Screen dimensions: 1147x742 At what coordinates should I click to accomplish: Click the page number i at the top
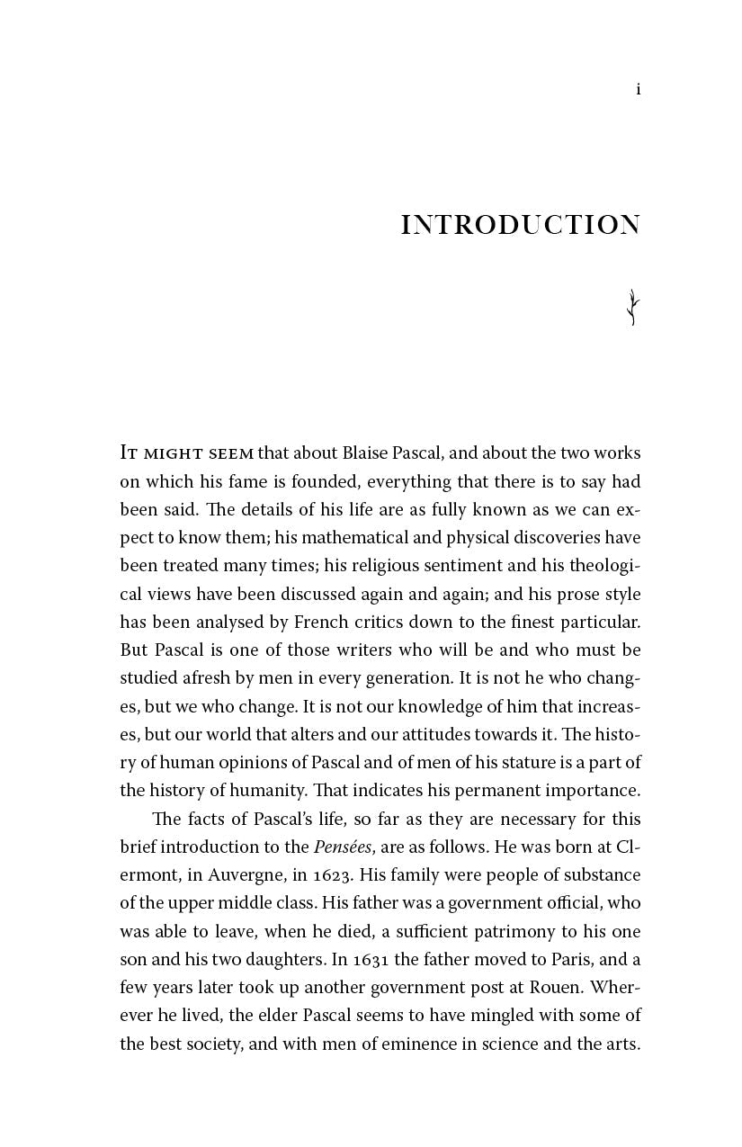tap(638, 89)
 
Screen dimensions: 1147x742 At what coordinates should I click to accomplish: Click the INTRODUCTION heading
tap(520, 225)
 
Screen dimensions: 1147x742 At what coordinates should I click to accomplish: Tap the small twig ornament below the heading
tap(633, 308)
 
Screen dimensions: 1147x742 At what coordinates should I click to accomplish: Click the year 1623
tap(316, 874)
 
